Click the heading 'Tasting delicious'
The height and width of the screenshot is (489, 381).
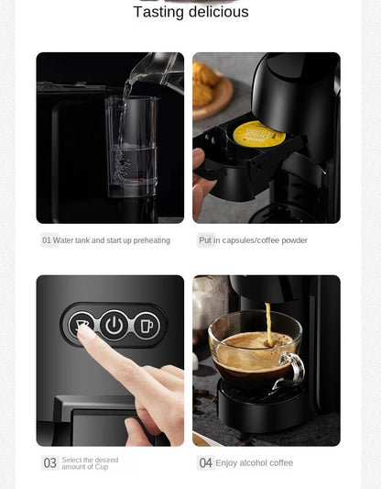[x=190, y=12]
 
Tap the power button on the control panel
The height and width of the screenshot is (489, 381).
[x=114, y=325]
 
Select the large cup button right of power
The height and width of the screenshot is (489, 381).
[x=147, y=325]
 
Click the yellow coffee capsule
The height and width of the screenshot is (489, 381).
[x=258, y=134]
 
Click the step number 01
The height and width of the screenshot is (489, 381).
[x=47, y=240]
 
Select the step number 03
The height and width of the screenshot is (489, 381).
[x=50, y=463]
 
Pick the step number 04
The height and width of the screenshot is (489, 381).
[x=206, y=463]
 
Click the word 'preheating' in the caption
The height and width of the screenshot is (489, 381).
[x=150, y=240]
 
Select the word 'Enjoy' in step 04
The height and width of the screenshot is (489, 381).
[x=227, y=463]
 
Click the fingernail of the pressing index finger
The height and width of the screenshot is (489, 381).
[x=85, y=332]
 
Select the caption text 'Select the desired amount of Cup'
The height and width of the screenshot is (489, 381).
[x=90, y=463]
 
